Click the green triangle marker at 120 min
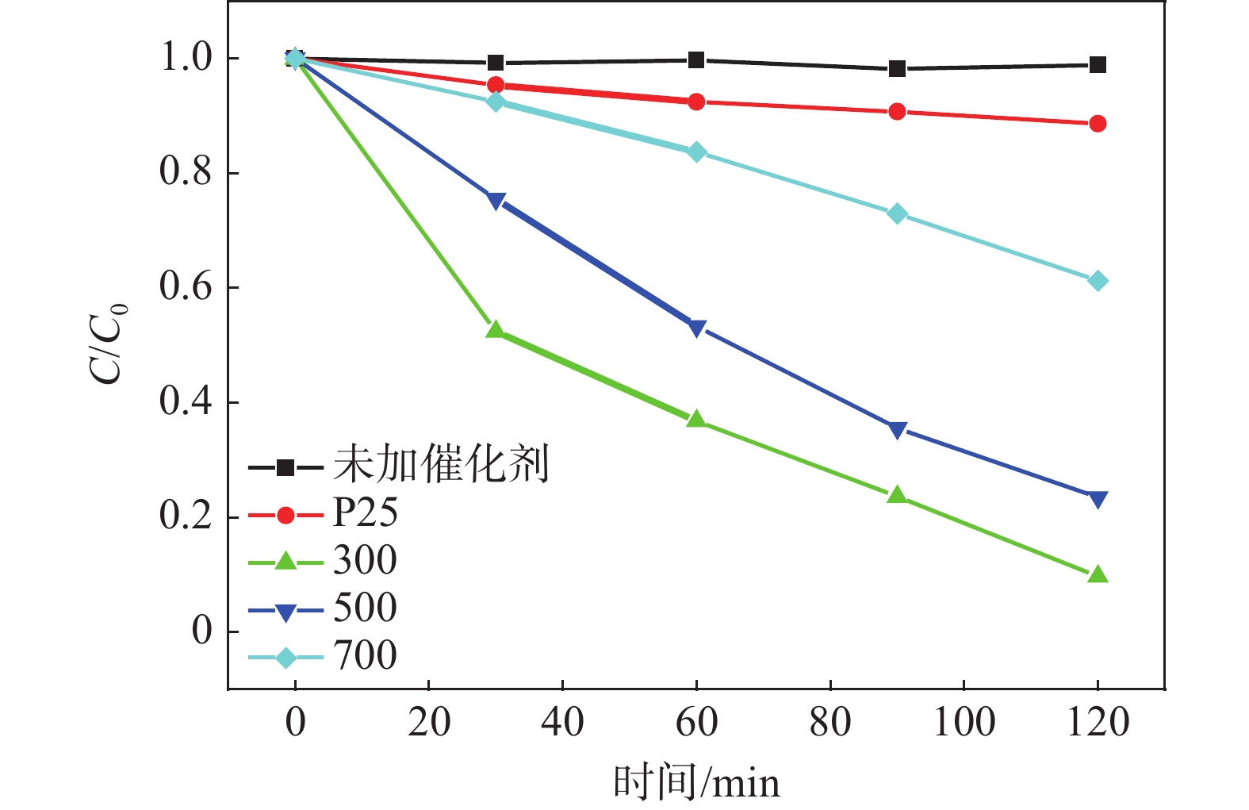click(x=1098, y=574)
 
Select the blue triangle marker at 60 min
click(x=696, y=328)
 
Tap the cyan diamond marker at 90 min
click(x=897, y=213)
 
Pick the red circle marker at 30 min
click(x=496, y=85)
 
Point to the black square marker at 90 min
click(x=897, y=69)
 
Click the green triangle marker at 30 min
click(x=496, y=330)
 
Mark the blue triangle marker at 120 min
click(x=1098, y=499)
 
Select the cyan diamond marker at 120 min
click(x=1098, y=281)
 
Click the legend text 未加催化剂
click(x=441, y=464)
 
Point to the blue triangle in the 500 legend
click(x=285, y=611)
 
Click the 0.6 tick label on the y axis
click(x=186, y=287)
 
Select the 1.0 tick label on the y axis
click(x=186, y=58)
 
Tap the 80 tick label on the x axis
click(x=829, y=723)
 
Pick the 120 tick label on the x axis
click(x=1098, y=723)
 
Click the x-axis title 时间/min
click(x=696, y=782)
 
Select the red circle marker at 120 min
click(x=1098, y=124)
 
